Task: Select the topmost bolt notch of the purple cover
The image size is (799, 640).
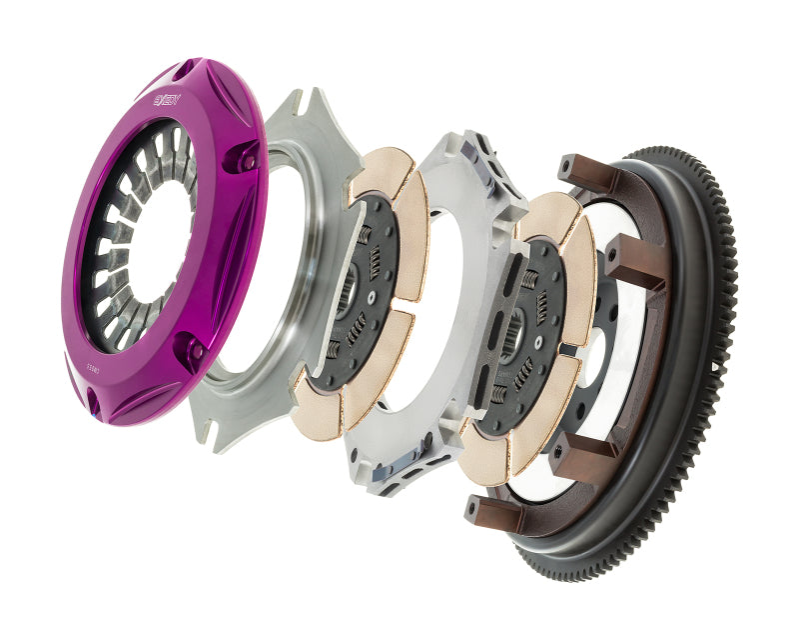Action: click(186, 70)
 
